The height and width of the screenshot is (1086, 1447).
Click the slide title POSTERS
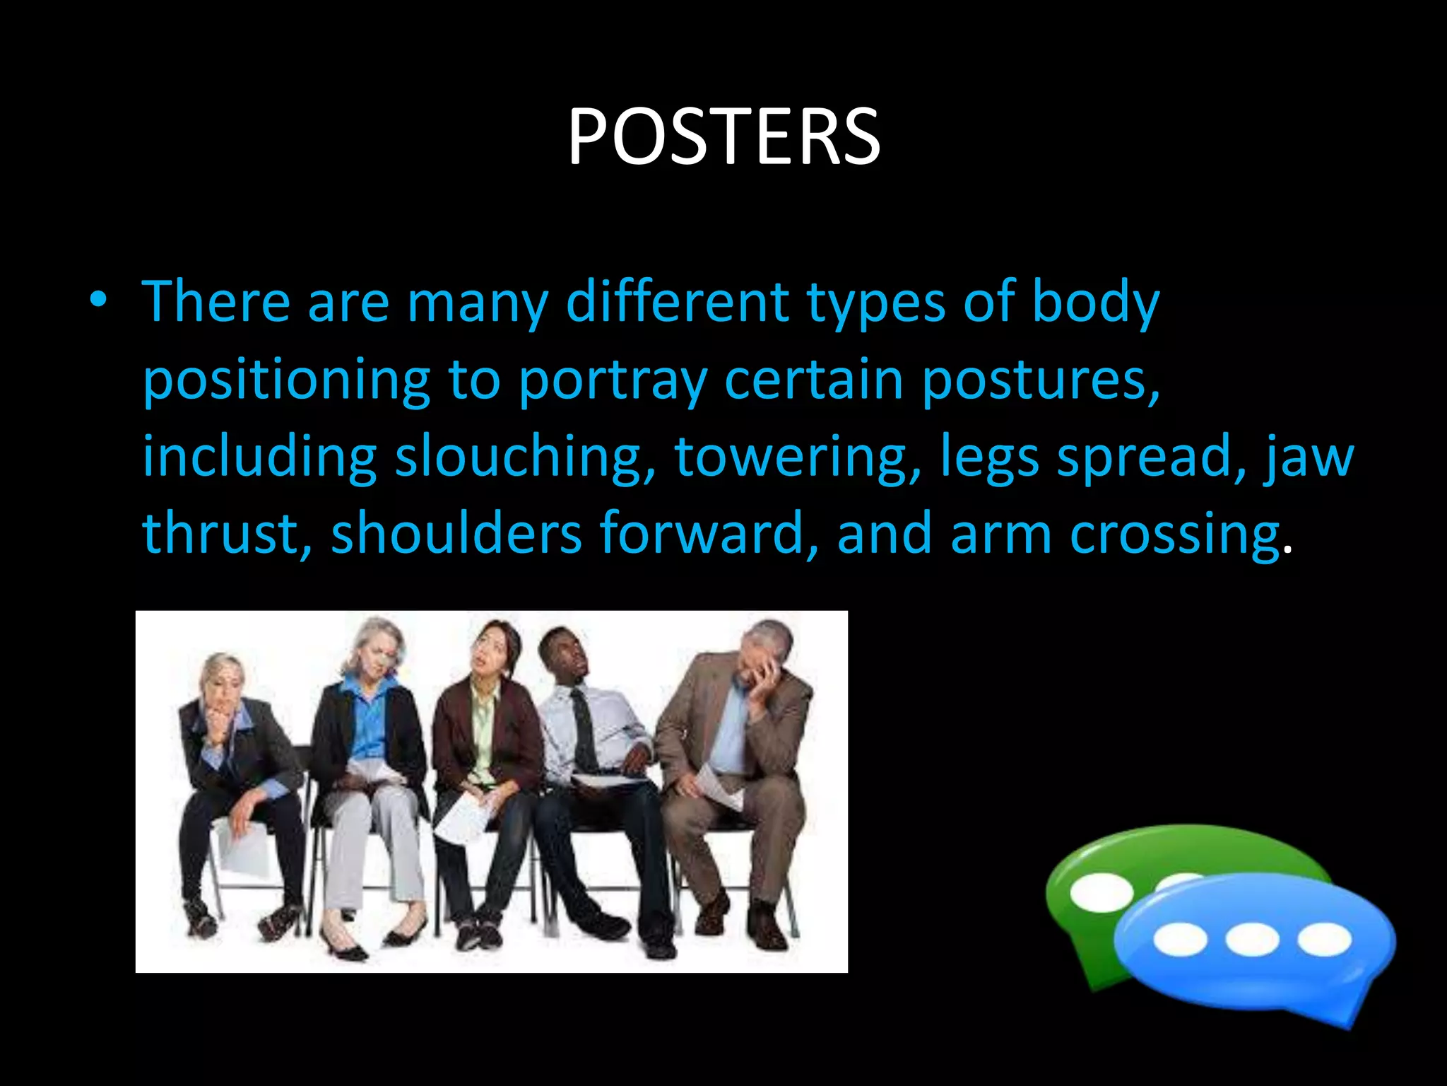point(723,137)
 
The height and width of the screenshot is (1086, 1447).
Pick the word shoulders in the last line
point(456,534)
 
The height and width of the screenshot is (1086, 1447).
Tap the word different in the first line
point(678,302)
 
